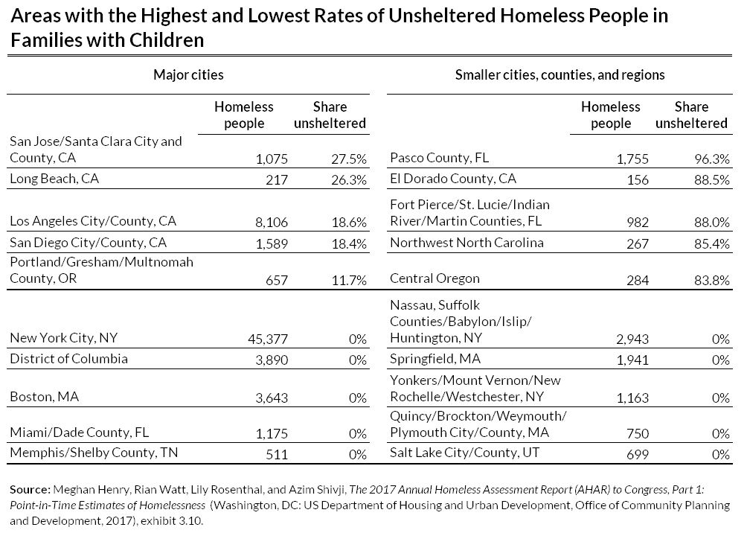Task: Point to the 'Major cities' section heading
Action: [x=188, y=75]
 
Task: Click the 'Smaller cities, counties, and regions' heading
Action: [x=560, y=75]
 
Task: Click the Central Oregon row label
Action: [x=435, y=278]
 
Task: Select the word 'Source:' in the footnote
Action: [x=29, y=491]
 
